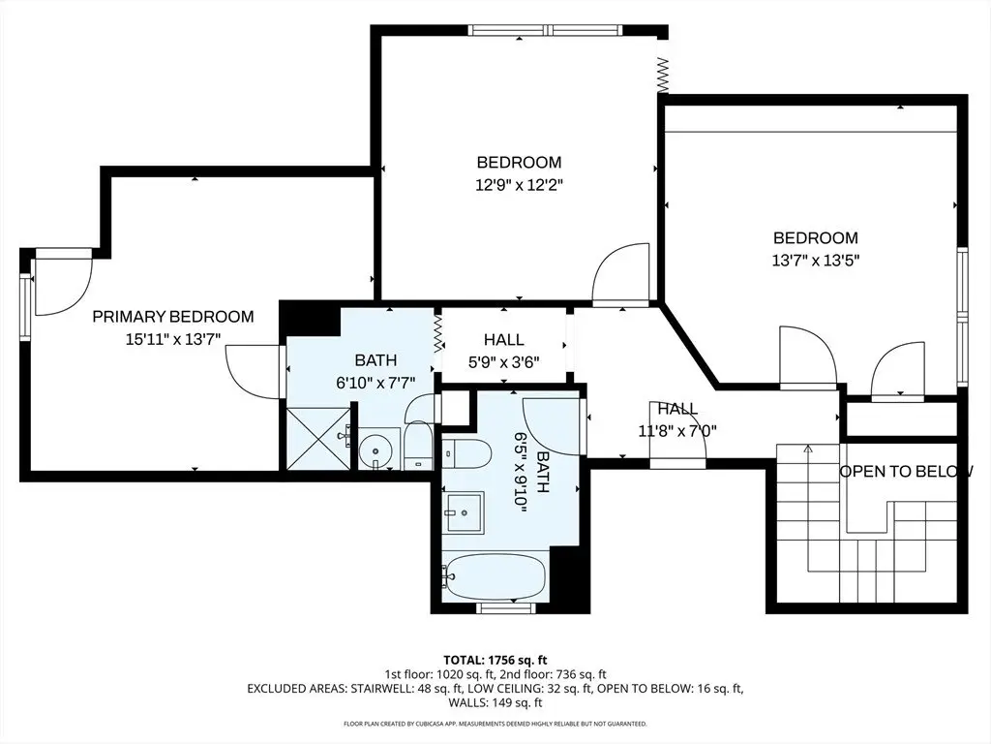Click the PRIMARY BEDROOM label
click(x=173, y=317)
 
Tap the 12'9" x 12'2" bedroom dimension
click(x=519, y=185)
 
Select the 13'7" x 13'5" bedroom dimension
click(x=816, y=260)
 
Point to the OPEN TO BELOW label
click(x=906, y=472)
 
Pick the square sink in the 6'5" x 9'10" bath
click(x=464, y=511)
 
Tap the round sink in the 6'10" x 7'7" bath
click(x=375, y=451)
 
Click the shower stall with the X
click(x=318, y=439)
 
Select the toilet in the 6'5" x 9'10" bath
click(x=467, y=453)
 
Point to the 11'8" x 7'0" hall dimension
click(x=677, y=431)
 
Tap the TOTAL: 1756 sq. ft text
click(x=495, y=661)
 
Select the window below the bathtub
click(x=505, y=608)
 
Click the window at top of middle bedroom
click(x=546, y=30)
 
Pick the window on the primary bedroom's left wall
click(x=26, y=307)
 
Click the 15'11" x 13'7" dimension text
click(x=173, y=339)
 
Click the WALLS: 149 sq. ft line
click(x=495, y=702)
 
